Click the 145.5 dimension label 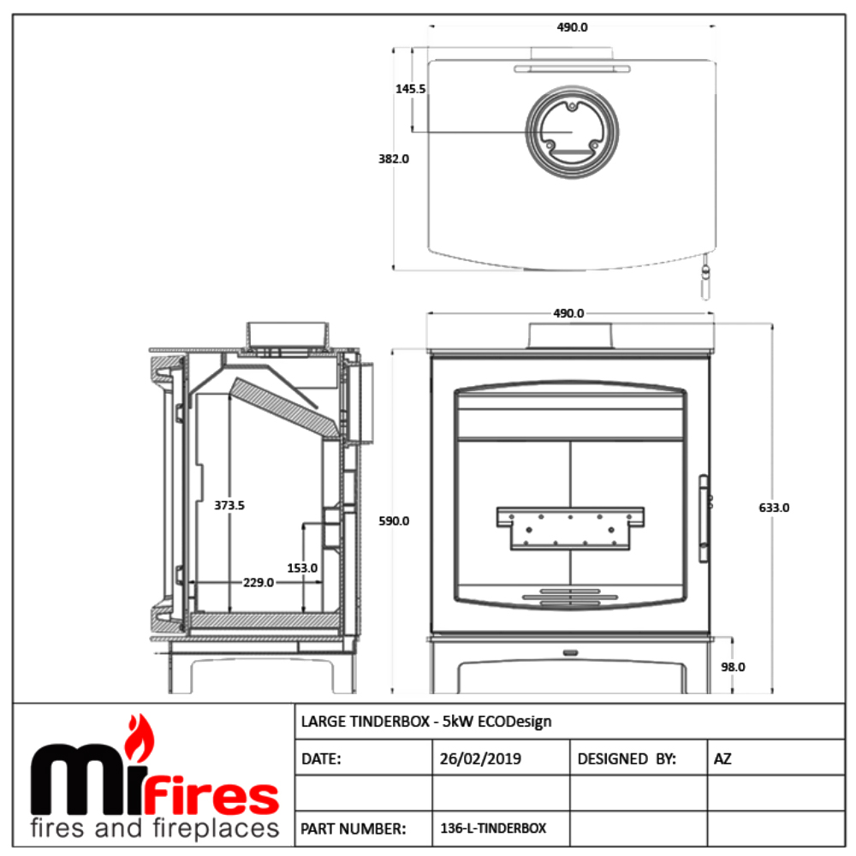(x=411, y=88)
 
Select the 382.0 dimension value (x=394, y=158)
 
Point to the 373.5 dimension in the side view (x=229, y=505)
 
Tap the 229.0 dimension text (x=258, y=582)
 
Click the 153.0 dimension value (x=303, y=568)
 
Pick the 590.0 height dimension (x=394, y=520)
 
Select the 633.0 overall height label (x=773, y=507)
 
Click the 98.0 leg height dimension (x=734, y=666)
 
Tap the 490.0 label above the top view (x=572, y=27)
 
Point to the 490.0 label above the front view (x=568, y=314)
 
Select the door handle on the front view (x=704, y=519)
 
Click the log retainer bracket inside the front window (x=570, y=525)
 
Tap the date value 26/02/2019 (x=480, y=758)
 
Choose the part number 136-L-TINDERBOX (x=493, y=828)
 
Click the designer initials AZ (x=722, y=758)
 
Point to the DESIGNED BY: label (x=627, y=758)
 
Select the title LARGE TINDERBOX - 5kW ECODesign (x=426, y=722)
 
